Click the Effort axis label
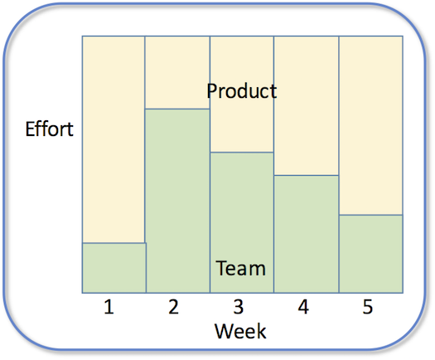point(50,129)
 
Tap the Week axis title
point(240,331)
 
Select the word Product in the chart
point(242,91)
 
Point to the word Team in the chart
point(240,268)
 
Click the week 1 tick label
point(109,307)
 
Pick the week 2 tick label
point(174,307)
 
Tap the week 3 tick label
point(239,307)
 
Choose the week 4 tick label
point(303,307)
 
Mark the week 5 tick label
point(368,307)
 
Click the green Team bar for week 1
point(114,268)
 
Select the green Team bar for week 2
point(177,201)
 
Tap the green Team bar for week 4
point(307,234)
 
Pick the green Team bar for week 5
point(371,254)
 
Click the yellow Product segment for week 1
point(114,139)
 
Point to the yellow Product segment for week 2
point(177,72)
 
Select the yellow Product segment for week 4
point(307,105)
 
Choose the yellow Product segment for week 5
point(371,125)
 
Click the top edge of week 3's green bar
point(242,153)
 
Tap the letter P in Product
point(212,91)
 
